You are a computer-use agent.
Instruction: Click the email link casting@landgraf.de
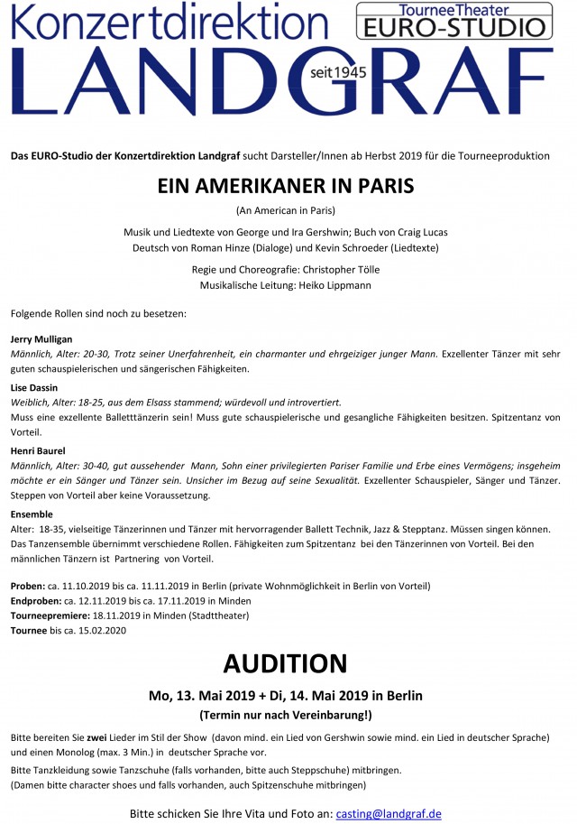(389, 813)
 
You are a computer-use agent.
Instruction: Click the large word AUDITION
(285, 663)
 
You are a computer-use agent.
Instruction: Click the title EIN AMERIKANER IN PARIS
(285, 185)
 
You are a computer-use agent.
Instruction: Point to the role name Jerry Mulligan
(41, 338)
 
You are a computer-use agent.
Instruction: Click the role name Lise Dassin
(33, 387)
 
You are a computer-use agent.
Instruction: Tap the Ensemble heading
(32, 514)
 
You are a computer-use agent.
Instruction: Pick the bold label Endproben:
(36, 600)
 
